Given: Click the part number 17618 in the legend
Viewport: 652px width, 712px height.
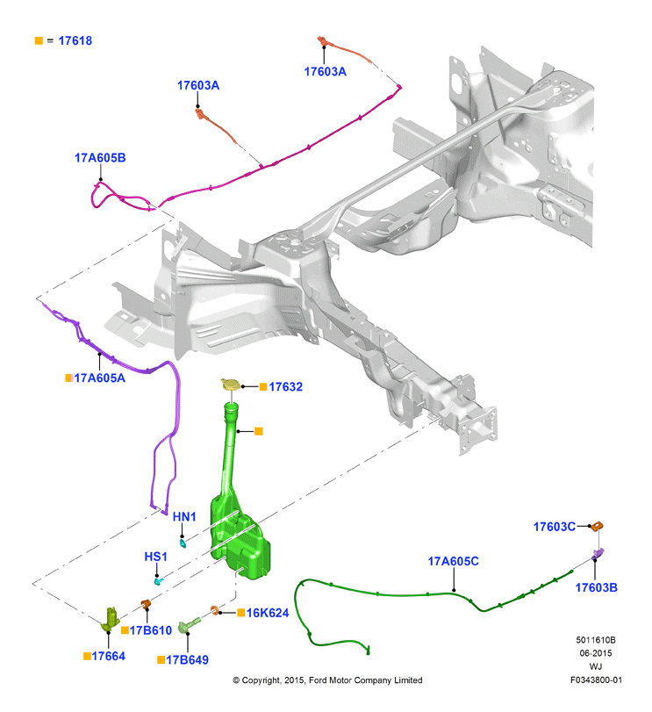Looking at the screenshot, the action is [x=75, y=41].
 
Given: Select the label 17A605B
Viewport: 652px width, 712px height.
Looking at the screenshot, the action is [x=100, y=158].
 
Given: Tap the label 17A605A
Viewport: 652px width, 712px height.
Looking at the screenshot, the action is [x=100, y=378].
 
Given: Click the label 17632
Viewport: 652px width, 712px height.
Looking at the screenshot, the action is [x=286, y=387].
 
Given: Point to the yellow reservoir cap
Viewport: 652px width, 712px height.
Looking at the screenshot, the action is [x=231, y=385].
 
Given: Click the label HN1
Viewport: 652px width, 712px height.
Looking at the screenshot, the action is [x=184, y=517].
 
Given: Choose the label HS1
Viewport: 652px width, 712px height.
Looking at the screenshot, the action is [x=155, y=557].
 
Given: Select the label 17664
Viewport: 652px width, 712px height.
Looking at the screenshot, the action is [x=109, y=656].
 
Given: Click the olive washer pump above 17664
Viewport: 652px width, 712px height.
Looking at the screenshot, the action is [x=111, y=619].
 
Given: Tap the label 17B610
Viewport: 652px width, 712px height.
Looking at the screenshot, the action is [x=151, y=630].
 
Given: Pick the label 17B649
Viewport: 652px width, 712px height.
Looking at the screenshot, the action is [x=188, y=660].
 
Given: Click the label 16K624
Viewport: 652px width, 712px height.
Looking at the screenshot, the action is [x=268, y=613].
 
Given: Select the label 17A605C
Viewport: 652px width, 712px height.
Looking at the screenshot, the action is [x=454, y=562].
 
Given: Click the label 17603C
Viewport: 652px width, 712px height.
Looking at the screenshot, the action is [x=555, y=527].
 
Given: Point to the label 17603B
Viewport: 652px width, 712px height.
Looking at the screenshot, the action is [x=596, y=587].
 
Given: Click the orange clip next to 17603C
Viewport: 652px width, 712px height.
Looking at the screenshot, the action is [x=598, y=526].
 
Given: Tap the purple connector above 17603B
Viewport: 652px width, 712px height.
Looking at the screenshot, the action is [x=598, y=554].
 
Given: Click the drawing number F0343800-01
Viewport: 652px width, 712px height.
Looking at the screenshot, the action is [x=596, y=680].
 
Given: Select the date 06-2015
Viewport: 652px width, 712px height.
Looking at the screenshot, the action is [x=596, y=653].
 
